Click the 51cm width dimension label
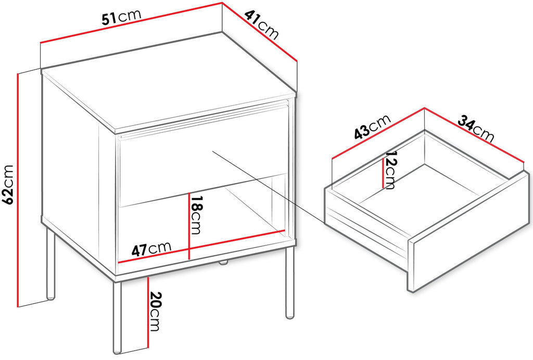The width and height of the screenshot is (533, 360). (121, 17)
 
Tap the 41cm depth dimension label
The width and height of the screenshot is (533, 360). (261, 24)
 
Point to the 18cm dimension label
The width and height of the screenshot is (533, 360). (196, 215)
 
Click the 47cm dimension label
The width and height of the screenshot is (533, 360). (151, 249)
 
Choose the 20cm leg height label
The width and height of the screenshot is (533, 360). (155, 312)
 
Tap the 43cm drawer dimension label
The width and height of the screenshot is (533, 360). (372, 127)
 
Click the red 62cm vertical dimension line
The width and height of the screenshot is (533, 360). (17, 190)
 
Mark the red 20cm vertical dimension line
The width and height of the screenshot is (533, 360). (148, 313)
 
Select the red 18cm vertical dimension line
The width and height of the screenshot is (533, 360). (189, 226)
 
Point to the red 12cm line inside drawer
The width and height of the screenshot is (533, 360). (384, 173)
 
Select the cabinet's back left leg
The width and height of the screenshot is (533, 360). (50, 264)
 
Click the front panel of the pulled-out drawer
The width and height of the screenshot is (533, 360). (471, 232)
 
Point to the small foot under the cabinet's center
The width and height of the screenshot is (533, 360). (223, 263)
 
